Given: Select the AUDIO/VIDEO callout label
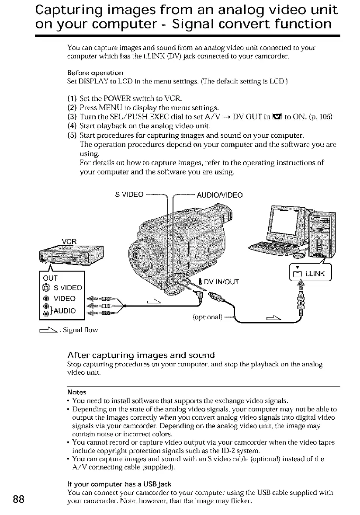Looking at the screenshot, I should pos(221,194).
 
